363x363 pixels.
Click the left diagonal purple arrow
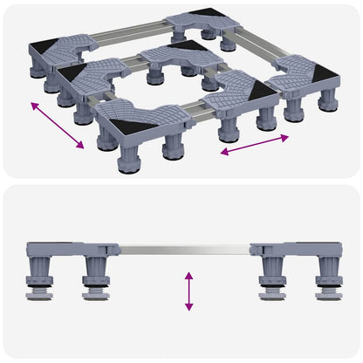coord(57,125)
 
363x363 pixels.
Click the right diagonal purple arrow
coord(254,145)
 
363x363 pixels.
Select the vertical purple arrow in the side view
coord(188,291)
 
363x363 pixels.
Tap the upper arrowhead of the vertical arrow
coord(188,274)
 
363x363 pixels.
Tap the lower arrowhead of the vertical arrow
coord(188,307)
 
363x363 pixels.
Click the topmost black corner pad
coord(208,15)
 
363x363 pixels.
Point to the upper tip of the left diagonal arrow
coord(32,103)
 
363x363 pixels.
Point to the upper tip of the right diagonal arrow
coord(287,136)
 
